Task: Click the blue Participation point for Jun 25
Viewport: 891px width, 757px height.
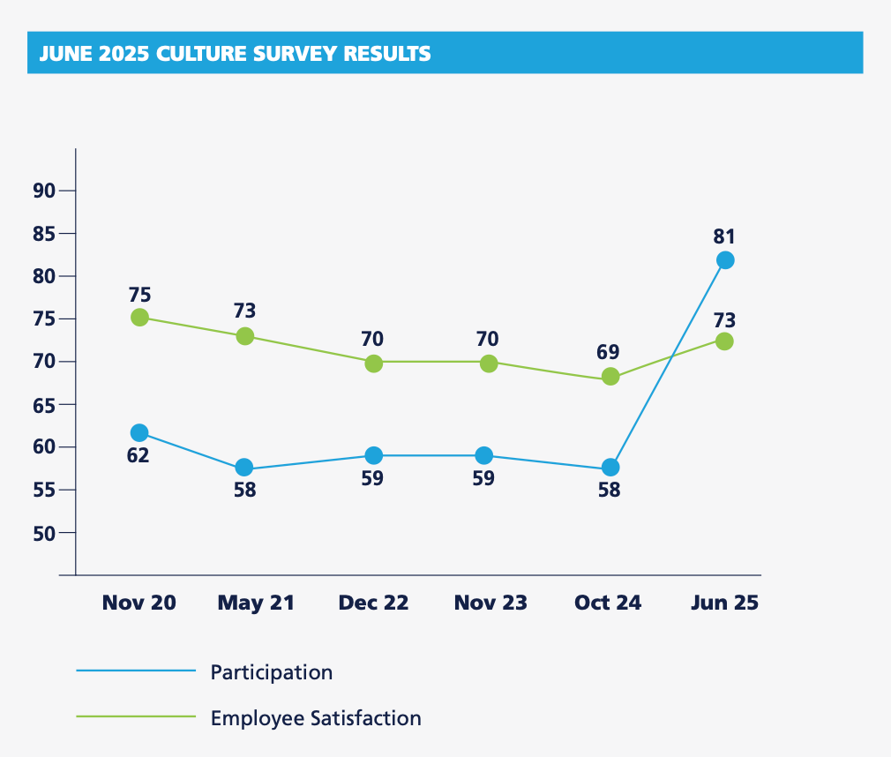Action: pyautogui.click(x=725, y=260)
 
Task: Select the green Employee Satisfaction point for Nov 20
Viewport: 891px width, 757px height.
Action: pyautogui.click(x=139, y=318)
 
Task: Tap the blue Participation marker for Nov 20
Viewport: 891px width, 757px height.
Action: pyautogui.click(x=139, y=432)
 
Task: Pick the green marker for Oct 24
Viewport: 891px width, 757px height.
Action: pyautogui.click(x=610, y=377)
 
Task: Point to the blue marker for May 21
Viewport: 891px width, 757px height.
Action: pyautogui.click(x=244, y=468)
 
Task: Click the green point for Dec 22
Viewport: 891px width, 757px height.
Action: pyautogui.click(x=374, y=364)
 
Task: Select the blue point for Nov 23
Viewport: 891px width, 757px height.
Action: pyautogui.click(x=484, y=455)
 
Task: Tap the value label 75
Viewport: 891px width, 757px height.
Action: pyautogui.click(x=139, y=295)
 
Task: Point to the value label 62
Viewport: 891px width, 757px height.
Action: pyautogui.click(x=138, y=456)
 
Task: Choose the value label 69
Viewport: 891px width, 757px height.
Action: pyautogui.click(x=608, y=352)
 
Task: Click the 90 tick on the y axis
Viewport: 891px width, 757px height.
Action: pyautogui.click(x=44, y=191)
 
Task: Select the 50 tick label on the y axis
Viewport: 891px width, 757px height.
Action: pyautogui.click(x=44, y=533)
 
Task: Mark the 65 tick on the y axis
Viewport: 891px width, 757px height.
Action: pyautogui.click(x=44, y=405)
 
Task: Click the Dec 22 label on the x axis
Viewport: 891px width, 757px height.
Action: pyautogui.click(x=374, y=603)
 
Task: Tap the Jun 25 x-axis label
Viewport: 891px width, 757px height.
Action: pyautogui.click(x=723, y=603)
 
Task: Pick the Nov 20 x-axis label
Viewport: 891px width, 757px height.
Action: pyautogui.click(x=139, y=603)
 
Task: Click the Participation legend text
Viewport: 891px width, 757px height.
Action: pyautogui.click(x=272, y=672)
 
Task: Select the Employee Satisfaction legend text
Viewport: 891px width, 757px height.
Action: pyautogui.click(x=316, y=718)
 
